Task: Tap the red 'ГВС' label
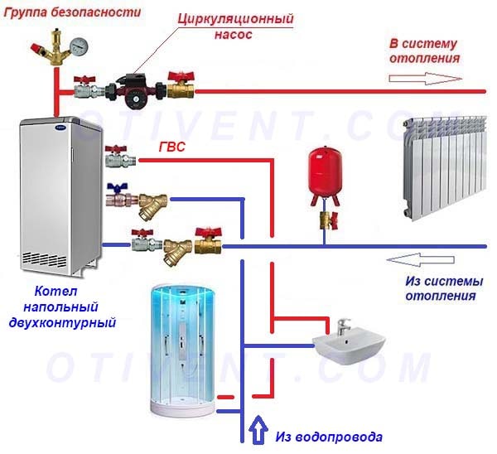coord(171,148)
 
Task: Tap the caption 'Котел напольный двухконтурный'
coord(76,307)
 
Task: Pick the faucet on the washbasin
coord(342,323)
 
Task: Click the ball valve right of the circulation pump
coord(181,85)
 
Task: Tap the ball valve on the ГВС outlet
coord(117,157)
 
